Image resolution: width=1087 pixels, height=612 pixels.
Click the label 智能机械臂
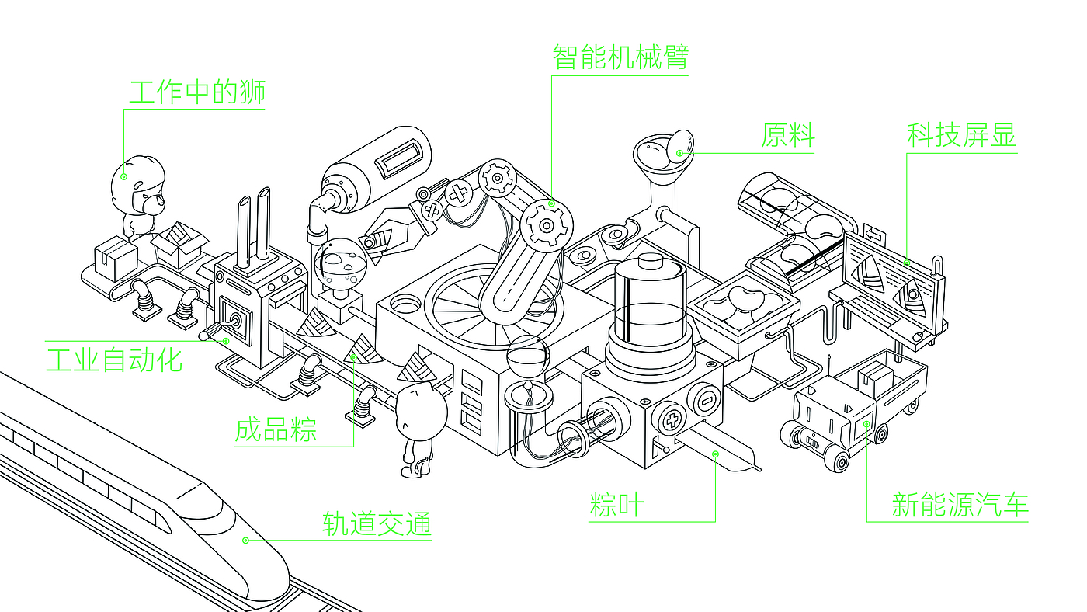click(x=620, y=57)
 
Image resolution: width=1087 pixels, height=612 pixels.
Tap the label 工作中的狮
click(x=196, y=92)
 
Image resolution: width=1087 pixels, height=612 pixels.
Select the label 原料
click(x=787, y=137)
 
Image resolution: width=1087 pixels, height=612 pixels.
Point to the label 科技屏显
click(x=961, y=136)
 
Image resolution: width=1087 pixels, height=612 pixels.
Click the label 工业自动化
click(x=114, y=360)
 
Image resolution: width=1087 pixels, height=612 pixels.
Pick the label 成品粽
click(x=276, y=429)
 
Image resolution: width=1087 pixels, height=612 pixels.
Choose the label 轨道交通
click(x=377, y=524)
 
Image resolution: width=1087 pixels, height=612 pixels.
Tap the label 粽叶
click(x=617, y=505)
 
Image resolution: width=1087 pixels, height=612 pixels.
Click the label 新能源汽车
click(x=960, y=505)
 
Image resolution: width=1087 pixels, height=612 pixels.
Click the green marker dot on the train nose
click(x=246, y=540)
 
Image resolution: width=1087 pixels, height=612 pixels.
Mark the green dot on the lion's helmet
click(x=124, y=176)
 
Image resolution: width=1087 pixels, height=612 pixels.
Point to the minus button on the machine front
click(x=707, y=401)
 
